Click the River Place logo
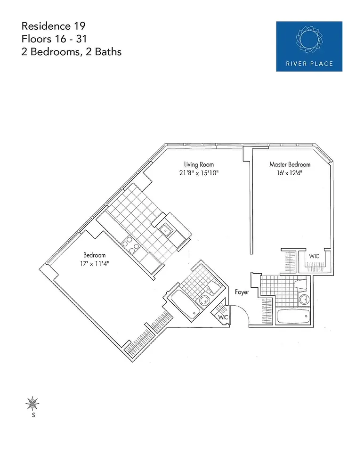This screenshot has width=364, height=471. tap(309, 46)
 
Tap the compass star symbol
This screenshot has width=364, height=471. tap(32, 404)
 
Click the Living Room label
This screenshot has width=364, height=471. tap(199, 164)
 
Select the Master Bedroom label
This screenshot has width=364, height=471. tap(290, 164)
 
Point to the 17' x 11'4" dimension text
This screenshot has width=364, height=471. tap(94, 263)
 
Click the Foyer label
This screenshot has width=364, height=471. tap(242, 292)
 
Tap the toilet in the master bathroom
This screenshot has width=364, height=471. tap(300, 285)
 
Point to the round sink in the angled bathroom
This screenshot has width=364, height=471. tap(204, 300)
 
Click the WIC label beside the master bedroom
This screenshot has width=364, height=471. tap(314, 256)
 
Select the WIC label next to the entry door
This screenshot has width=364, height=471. tap(223, 317)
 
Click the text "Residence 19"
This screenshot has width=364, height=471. tap(54, 26)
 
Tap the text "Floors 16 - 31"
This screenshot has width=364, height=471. tap(54, 39)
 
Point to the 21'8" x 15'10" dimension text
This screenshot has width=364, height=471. tap(199, 173)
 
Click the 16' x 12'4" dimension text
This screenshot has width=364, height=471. tap(290, 173)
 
